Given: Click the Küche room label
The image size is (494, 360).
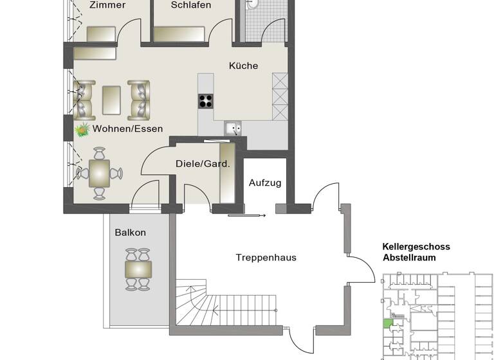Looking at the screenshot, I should pyautogui.click(x=244, y=66).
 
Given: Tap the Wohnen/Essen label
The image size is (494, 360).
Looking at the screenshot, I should pyautogui.click(x=127, y=129).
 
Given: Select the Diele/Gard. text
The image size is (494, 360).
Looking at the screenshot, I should pyautogui.click(x=203, y=164).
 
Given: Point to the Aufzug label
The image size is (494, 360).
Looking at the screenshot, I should pyautogui.click(x=264, y=183).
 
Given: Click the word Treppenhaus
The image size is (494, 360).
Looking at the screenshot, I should pyautogui.click(x=266, y=257).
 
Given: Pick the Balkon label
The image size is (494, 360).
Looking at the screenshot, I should pyautogui.click(x=131, y=233).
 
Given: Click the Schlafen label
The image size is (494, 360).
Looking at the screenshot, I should pyautogui.click(x=191, y=5).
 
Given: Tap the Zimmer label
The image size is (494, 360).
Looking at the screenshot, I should pyautogui.click(x=107, y=5).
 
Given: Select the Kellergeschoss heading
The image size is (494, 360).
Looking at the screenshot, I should pyautogui.click(x=416, y=247).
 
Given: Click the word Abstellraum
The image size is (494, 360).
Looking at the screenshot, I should pyautogui.click(x=409, y=257).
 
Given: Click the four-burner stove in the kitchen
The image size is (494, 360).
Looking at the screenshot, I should pyautogui.click(x=205, y=100).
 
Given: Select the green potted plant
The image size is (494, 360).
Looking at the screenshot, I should pyautogui.click(x=82, y=130).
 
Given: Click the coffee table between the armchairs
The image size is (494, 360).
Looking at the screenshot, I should pyautogui.click(x=111, y=100).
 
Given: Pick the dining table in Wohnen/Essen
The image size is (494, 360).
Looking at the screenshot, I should pyautogui.click(x=99, y=173).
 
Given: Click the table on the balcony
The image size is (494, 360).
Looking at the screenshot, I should pyautogui.click(x=138, y=269).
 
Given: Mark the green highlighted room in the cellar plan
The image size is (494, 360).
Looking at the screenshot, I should pyautogui.click(x=387, y=324).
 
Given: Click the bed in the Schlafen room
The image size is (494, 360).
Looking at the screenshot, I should pyautogui.click(x=179, y=33).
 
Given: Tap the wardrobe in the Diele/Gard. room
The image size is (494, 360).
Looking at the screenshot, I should pyautogui.click(x=228, y=175).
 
